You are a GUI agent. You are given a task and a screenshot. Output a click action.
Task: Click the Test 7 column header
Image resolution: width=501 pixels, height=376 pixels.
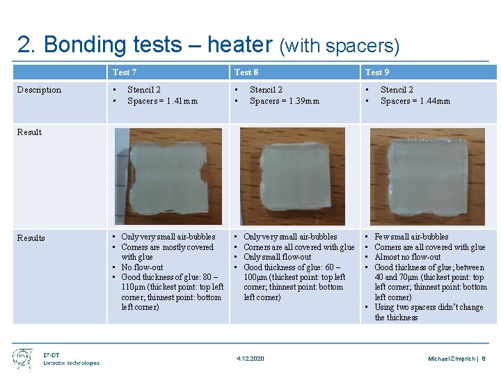125,72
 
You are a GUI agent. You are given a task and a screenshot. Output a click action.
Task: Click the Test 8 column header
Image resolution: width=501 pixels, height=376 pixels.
246,72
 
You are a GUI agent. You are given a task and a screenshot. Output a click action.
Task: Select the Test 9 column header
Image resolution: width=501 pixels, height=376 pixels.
377,72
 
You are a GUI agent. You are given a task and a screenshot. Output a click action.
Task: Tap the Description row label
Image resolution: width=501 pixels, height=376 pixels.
39,90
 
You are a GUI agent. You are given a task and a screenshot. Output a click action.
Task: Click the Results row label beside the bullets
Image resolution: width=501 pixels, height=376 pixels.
31,238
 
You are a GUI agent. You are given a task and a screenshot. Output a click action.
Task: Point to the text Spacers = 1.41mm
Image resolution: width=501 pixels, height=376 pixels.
162,101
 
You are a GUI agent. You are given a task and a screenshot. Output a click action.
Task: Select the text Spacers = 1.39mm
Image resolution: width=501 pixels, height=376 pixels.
285,101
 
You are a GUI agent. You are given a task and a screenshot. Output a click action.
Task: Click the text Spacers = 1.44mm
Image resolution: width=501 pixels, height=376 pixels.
415,101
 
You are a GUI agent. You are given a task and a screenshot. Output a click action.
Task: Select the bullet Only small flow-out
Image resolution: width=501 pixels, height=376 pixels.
278,257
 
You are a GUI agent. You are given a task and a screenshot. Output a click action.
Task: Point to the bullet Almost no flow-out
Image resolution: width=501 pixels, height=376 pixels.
408,257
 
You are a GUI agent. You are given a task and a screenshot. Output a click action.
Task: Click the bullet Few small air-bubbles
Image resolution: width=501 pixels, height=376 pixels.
411,237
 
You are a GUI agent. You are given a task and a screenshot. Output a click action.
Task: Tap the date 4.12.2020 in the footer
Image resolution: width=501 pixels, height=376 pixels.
250,359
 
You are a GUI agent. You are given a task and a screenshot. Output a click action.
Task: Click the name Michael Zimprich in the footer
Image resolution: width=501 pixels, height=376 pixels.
452,359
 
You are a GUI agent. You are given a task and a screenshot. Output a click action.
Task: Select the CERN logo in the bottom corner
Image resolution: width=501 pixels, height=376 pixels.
22,358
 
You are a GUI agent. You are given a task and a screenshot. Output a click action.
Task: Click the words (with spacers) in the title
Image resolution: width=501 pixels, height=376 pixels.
339,47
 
